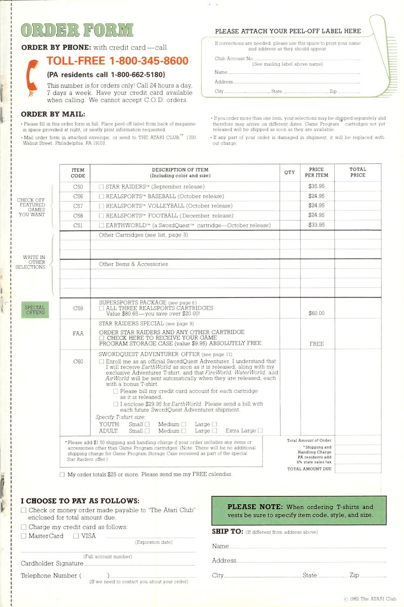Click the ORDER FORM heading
(77, 30)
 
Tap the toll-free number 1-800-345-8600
(117, 61)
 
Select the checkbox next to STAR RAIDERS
(101, 187)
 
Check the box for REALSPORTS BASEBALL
(101, 196)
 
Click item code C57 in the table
(78, 206)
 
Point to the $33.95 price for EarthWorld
(316, 225)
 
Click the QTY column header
(289, 172)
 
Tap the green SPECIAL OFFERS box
(35, 310)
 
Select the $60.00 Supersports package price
(316, 314)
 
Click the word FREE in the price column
(316, 343)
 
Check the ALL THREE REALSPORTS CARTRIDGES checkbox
(102, 308)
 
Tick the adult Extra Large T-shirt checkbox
(260, 431)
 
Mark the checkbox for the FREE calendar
(62, 474)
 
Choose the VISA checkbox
(76, 536)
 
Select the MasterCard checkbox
(24, 536)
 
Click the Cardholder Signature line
(139, 563)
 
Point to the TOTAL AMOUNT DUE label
(309, 469)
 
